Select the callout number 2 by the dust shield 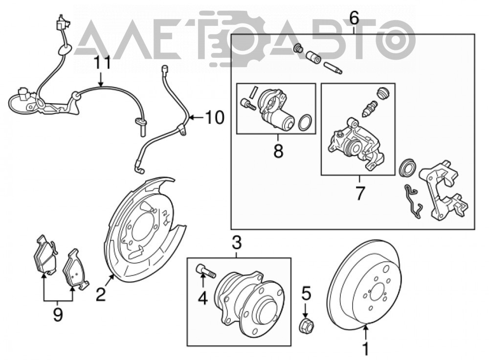point(101,294)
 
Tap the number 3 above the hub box point(237,243)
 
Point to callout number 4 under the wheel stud point(203,298)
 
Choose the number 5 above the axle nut point(306,293)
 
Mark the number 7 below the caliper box point(360,193)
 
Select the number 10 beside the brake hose point(215,117)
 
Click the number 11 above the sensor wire point(102,63)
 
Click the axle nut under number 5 point(306,326)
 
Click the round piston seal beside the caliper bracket point(408,168)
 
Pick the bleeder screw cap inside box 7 point(382,92)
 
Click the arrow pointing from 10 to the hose point(196,117)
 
